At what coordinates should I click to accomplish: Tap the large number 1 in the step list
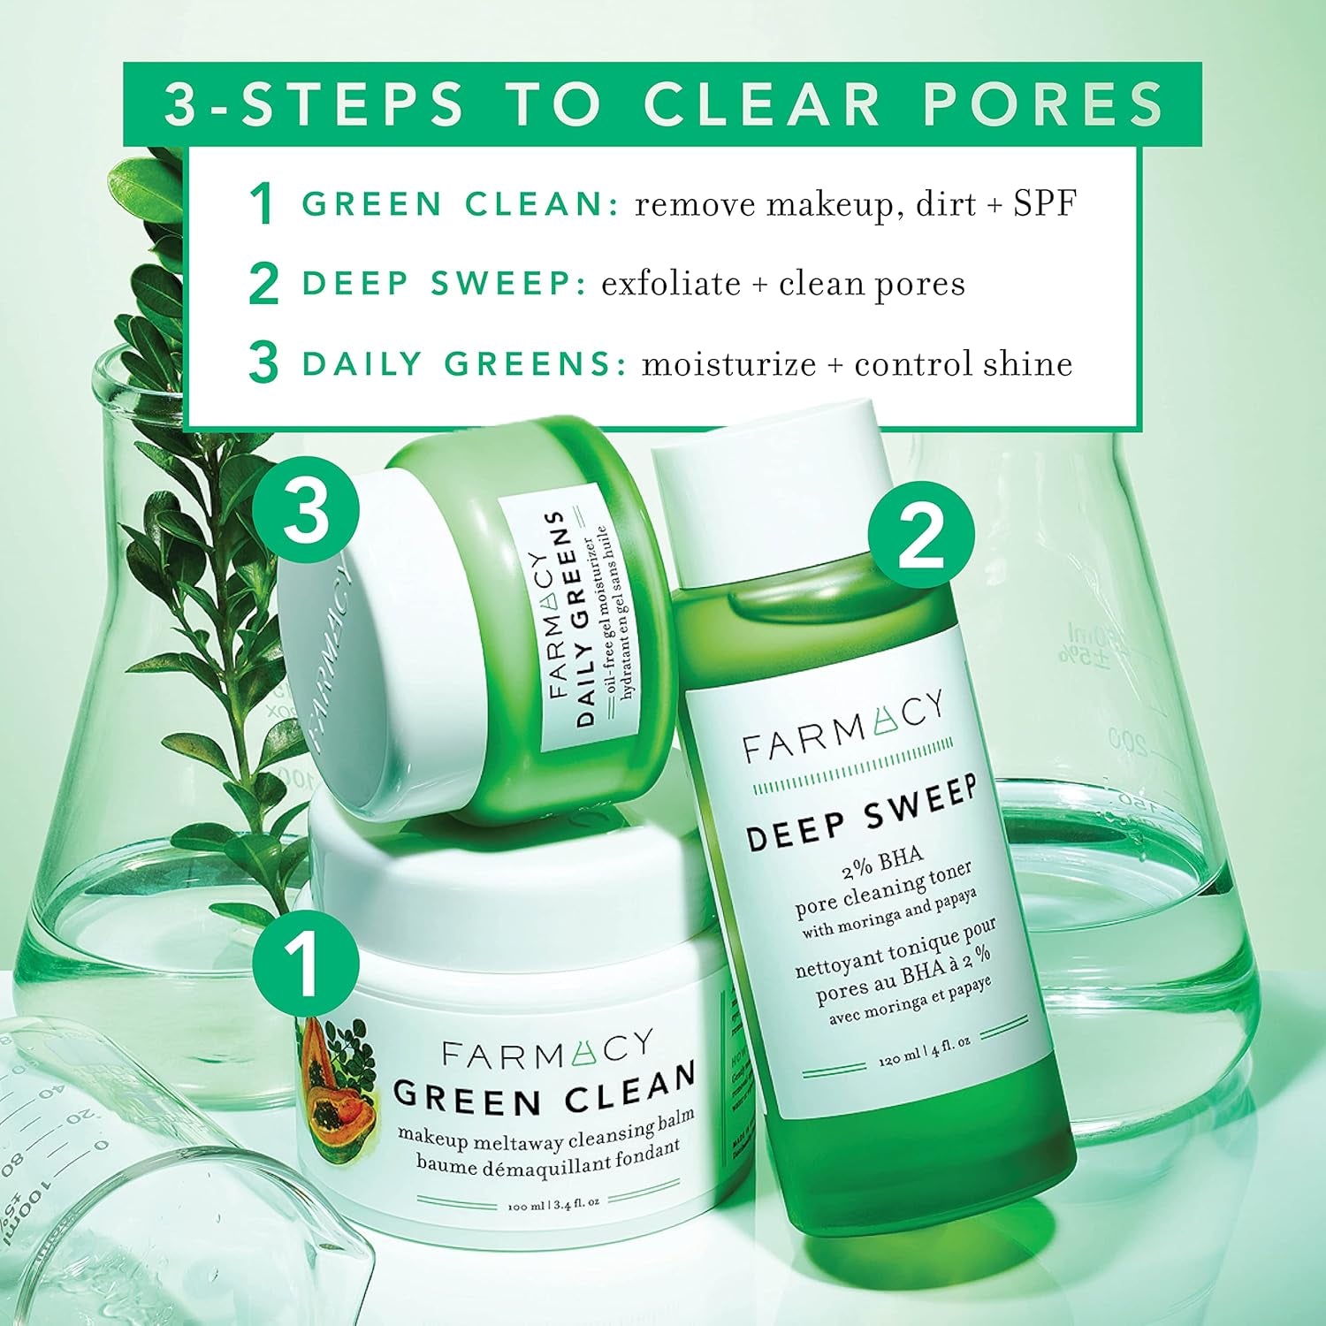point(262,205)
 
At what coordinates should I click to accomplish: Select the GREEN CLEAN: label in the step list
point(460,204)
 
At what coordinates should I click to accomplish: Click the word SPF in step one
point(1045,204)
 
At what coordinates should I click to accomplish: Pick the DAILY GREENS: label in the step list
point(463,364)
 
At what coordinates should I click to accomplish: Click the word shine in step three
point(1025,364)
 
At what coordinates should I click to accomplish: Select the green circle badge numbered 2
point(921,535)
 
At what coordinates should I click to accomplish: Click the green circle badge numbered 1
point(306,963)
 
